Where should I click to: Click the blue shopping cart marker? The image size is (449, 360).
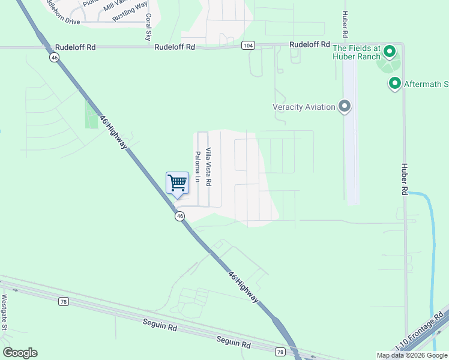point(177,183)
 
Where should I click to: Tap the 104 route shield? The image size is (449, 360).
point(248,46)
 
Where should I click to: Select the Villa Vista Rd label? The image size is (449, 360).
point(208,166)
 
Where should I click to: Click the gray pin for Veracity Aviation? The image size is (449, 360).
point(344,107)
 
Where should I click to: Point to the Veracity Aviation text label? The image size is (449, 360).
point(304,107)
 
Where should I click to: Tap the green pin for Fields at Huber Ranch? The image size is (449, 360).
point(390,52)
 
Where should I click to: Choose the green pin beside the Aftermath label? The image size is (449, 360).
point(395,83)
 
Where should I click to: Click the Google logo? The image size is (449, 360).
point(20,353)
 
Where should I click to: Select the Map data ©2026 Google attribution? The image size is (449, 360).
point(412,355)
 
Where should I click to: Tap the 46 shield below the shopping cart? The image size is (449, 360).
point(179,217)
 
